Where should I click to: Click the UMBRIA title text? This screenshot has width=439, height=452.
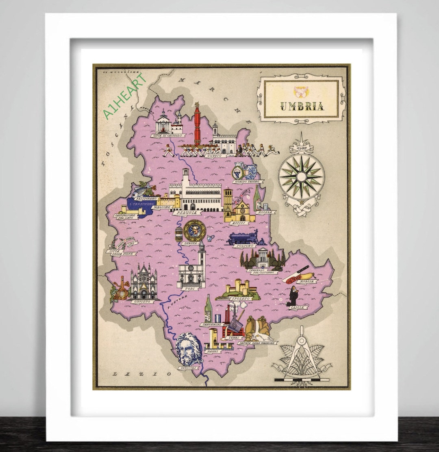pyautogui.click(x=302, y=106)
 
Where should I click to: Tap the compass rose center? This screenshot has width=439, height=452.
pyautogui.click(x=301, y=177)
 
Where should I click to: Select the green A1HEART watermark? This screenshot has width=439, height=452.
pyautogui.click(x=125, y=96)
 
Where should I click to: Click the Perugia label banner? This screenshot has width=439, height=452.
pyautogui.click(x=187, y=213)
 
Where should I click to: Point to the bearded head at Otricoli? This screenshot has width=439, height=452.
pyautogui.click(x=188, y=349)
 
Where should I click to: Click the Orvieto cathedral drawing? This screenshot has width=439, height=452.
pyautogui.click(x=143, y=282)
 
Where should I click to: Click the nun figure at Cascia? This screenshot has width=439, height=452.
pyautogui.click(x=293, y=296)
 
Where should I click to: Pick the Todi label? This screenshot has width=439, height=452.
pyautogui.click(x=190, y=289)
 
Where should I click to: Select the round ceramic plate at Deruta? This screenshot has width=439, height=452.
pyautogui.click(x=195, y=230)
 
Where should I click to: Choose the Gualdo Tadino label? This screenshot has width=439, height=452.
pyautogui.click(x=248, y=182)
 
